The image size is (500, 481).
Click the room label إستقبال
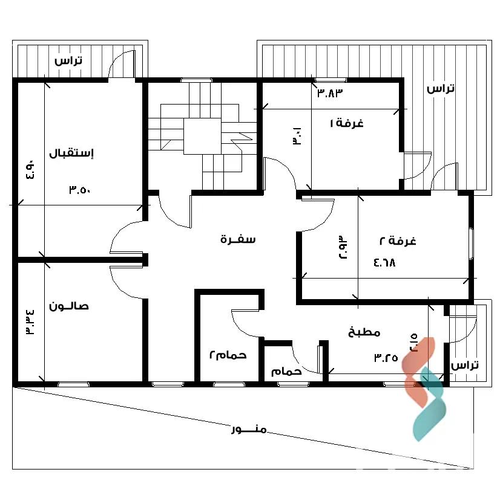point(71,153)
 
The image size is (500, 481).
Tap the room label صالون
point(68,306)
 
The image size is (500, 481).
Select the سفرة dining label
point(238,239)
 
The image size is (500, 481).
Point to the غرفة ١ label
point(347,123)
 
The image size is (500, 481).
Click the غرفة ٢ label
point(398,240)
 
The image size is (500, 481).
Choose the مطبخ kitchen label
point(364,332)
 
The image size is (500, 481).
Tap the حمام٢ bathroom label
point(228,354)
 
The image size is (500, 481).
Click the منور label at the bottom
point(249,430)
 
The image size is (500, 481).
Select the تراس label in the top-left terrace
point(68,60)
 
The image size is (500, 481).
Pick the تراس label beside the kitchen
point(465,365)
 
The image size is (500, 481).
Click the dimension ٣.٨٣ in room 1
point(330,93)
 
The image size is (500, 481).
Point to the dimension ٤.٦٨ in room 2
point(384,263)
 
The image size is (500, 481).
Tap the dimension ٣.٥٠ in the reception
point(80,190)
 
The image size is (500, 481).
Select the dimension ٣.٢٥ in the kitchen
point(386,358)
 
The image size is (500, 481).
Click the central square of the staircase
point(202,136)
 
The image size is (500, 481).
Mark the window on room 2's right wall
point(471,244)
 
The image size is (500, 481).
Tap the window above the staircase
point(196,80)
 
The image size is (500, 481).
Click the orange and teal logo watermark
point(423,389)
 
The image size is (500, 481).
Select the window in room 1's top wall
point(331,80)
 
